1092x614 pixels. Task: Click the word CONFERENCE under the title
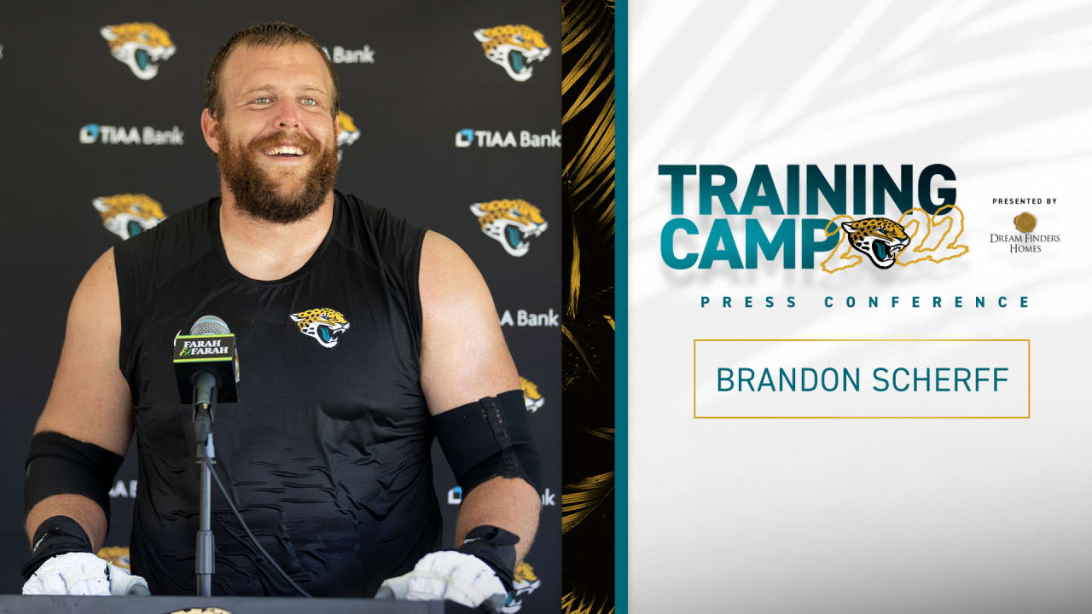pos(926,302)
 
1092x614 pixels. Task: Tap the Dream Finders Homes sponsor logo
pos(1025,230)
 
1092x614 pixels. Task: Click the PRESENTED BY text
pos(1025,201)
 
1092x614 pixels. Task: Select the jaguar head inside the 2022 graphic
pos(874,240)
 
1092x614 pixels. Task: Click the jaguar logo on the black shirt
pos(320,326)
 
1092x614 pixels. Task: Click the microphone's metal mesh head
pos(209,326)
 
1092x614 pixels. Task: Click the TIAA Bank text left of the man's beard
pos(131,135)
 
